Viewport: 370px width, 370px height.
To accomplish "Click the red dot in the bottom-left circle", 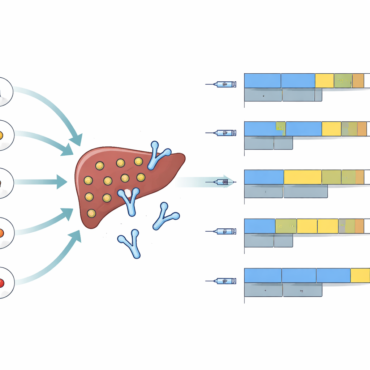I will point(1,283).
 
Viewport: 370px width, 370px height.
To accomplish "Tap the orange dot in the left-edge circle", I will point(1,232).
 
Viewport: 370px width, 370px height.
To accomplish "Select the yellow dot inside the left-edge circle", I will point(1,135).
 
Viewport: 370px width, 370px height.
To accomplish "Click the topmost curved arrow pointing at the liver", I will point(54,108).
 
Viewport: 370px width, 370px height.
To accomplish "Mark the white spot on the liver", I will point(127,194).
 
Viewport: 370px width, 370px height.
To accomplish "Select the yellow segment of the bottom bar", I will point(360,275).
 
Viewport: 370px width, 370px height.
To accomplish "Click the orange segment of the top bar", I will point(358,81).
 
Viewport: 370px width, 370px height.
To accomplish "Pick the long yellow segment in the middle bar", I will point(302,177).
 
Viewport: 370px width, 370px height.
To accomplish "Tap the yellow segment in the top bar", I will point(324,81).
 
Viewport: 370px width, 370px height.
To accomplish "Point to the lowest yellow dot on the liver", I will point(91,213).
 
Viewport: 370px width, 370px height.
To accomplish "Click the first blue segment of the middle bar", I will point(264,177).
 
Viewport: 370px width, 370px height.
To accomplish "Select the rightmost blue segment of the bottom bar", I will point(333,275).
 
